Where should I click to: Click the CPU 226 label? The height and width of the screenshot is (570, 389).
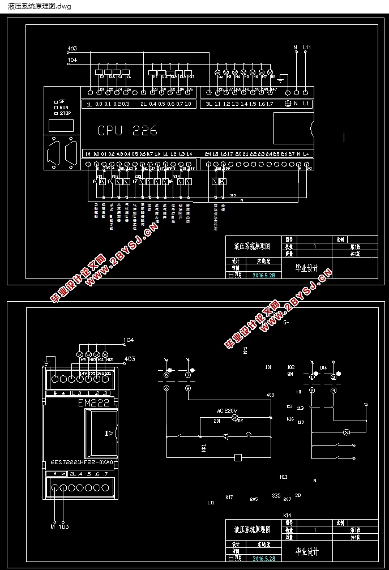pos(127,131)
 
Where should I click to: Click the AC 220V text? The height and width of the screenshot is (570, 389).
pos(227,410)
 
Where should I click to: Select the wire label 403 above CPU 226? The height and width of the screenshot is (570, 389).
pos(72,49)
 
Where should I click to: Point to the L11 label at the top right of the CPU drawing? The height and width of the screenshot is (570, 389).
pos(307,48)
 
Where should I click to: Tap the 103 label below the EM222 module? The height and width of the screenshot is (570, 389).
pos(65,526)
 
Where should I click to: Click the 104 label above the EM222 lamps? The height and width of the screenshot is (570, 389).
pos(129,340)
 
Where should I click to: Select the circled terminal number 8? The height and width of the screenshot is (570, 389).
pos(188,389)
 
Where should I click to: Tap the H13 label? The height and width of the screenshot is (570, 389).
pos(284,477)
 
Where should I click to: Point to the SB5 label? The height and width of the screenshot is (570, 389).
pos(276,495)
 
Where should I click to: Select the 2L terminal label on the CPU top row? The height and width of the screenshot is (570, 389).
pos(143,104)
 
